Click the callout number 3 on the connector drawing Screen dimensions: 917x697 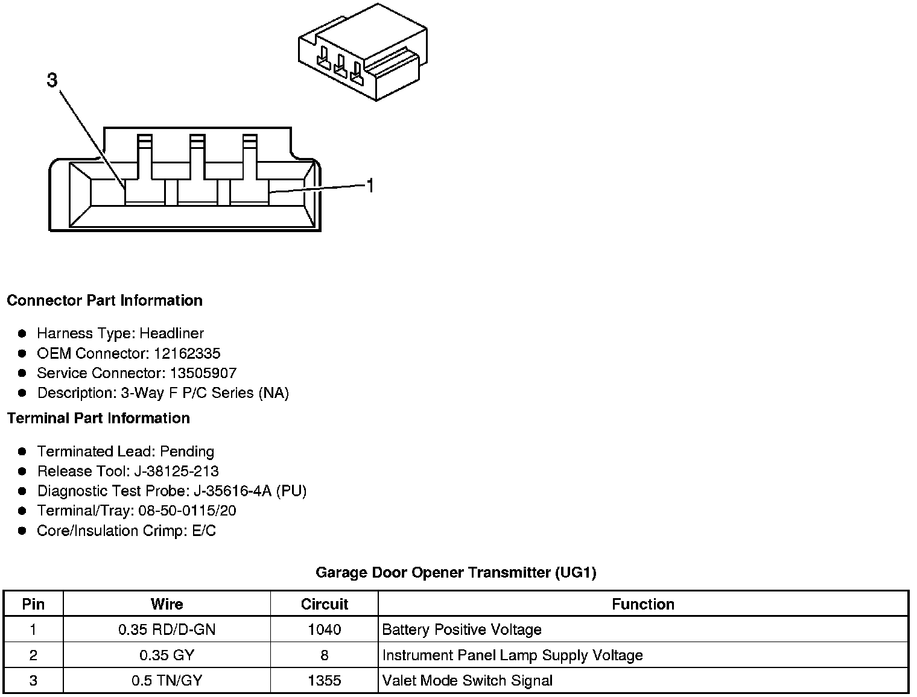coord(52,80)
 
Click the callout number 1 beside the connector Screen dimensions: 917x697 coord(370,186)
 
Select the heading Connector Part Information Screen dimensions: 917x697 coord(104,300)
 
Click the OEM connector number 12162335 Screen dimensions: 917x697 coord(187,353)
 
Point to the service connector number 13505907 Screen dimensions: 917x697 coord(203,373)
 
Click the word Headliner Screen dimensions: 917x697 coord(171,333)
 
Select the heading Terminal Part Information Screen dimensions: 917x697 coord(98,418)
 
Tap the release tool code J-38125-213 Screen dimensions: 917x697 coord(179,471)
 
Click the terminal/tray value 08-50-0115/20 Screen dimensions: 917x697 coord(187,511)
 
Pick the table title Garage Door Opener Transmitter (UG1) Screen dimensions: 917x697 coord(456,572)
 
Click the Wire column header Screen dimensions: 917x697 coord(167,604)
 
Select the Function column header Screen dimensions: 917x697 coord(643,604)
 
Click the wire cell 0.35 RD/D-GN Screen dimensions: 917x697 coord(167,630)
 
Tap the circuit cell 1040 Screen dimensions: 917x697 coord(324,630)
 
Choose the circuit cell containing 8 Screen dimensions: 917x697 coord(324,655)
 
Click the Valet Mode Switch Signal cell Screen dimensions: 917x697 coord(468,681)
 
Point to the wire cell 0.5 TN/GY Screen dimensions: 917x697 coord(167,681)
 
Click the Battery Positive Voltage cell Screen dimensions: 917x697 coord(462,630)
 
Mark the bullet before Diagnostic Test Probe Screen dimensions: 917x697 coord(22,491)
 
